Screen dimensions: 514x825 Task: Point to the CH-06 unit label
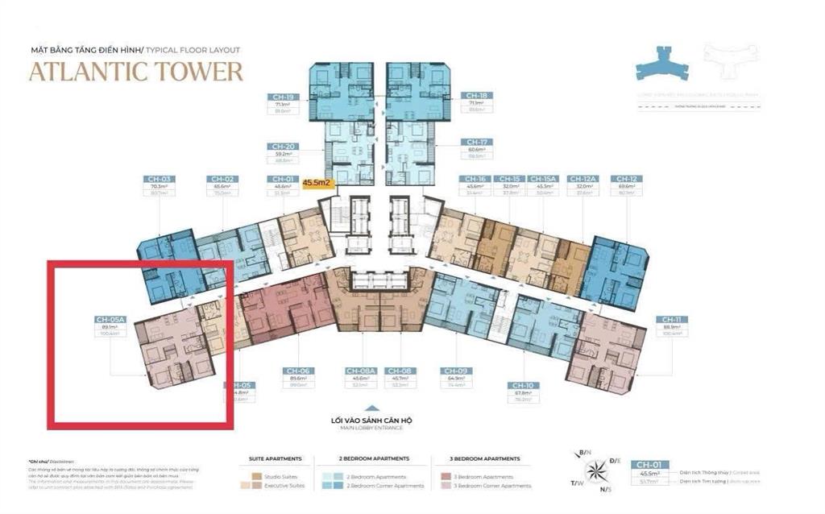[x=292, y=371]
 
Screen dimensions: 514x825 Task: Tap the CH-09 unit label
[x=454, y=371]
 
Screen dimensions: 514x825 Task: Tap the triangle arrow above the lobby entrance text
[x=371, y=408]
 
